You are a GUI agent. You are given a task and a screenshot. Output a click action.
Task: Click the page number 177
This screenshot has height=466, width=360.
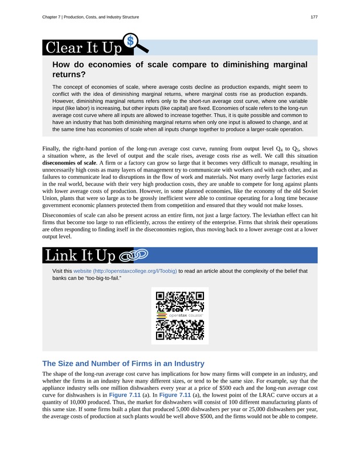click(x=314, y=17)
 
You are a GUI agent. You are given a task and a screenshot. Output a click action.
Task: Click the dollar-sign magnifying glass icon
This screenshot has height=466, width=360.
click(x=133, y=42)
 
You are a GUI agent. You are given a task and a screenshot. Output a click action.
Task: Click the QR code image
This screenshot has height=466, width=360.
click(x=179, y=316)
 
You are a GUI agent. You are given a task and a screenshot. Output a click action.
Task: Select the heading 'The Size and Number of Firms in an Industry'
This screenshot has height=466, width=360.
click(x=123, y=364)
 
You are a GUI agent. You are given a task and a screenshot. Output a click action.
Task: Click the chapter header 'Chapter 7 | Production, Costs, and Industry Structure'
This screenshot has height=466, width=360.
click(x=90, y=17)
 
